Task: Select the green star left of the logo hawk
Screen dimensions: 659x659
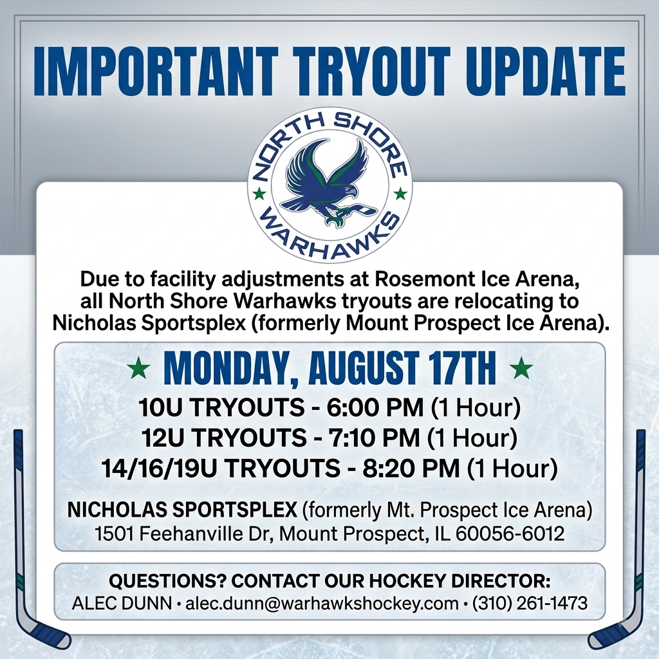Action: point(259,194)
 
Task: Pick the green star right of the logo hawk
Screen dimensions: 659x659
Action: point(400,194)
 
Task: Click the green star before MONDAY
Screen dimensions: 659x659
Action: point(139,368)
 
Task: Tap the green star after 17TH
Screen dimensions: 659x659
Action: point(521,368)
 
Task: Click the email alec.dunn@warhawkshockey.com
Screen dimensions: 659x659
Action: point(322,604)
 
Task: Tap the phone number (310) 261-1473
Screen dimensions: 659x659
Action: point(530,604)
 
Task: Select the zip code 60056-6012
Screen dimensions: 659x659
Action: point(510,534)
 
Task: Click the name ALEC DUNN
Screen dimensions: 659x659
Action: point(122,604)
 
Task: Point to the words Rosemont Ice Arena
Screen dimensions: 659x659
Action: point(477,279)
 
